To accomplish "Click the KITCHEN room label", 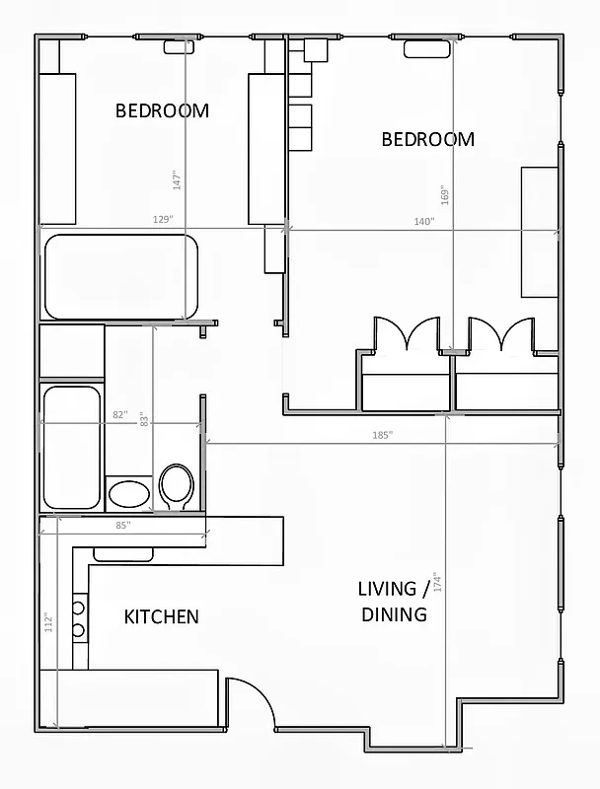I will click(161, 616).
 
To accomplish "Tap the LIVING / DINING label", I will click(393, 602).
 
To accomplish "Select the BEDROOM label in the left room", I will click(162, 110).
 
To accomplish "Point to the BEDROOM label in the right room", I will click(427, 139).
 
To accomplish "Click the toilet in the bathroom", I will click(177, 486).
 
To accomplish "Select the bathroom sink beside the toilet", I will click(129, 493).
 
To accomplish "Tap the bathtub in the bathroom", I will click(71, 447).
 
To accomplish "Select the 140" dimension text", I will click(423, 222).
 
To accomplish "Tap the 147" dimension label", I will click(177, 179).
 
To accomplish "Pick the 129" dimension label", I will click(163, 219).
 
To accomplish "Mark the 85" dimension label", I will click(122, 526).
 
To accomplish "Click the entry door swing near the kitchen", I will click(250, 702).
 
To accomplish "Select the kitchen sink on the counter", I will click(123, 554).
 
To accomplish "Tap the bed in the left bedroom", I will click(119, 276).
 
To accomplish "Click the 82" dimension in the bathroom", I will click(119, 415).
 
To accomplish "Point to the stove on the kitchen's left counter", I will click(79, 618).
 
